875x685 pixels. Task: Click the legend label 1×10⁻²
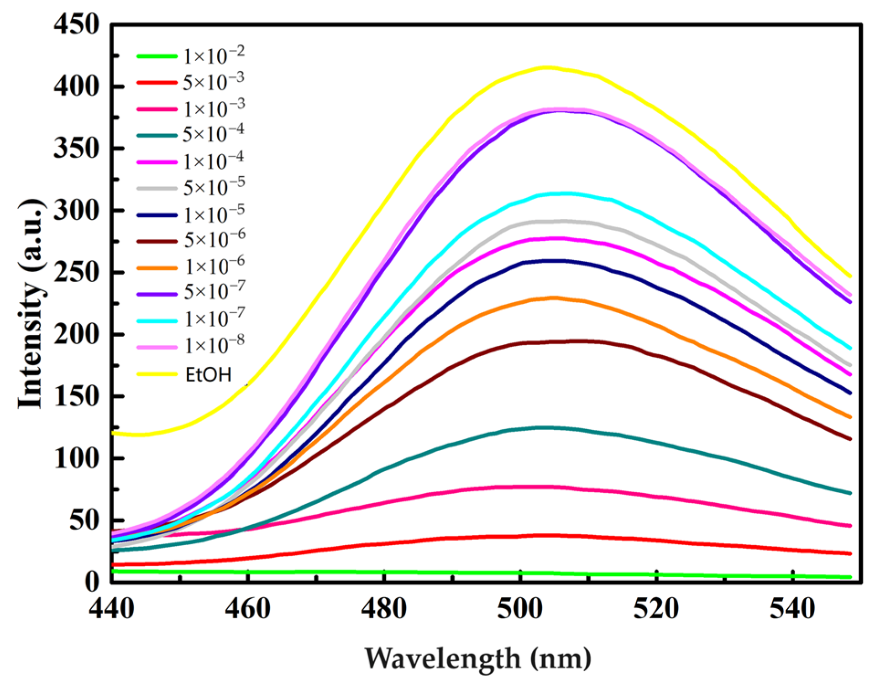(x=214, y=56)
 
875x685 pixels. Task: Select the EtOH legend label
(x=209, y=374)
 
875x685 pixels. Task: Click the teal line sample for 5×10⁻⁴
(x=157, y=135)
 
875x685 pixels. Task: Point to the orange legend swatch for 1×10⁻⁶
(x=157, y=268)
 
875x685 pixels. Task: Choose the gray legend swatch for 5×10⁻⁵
(x=157, y=188)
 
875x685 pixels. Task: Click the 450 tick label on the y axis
(x=76, y=25)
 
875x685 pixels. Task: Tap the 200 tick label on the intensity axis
(x=76, y=335)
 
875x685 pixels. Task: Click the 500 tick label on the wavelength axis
(x=520, y=609)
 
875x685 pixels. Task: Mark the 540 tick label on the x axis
(x=792, y=609)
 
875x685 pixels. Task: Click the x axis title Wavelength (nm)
(x=477, y=658)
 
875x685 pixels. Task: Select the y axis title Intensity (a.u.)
(x=31, y=304)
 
